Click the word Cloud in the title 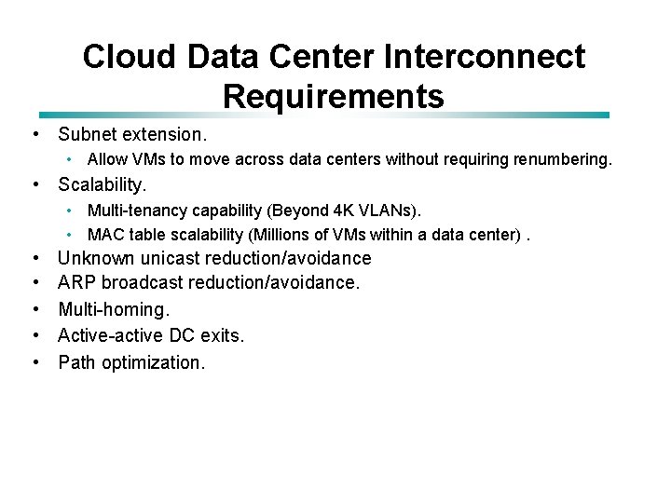130,57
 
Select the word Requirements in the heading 334,95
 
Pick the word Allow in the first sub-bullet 107,160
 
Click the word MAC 104,235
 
